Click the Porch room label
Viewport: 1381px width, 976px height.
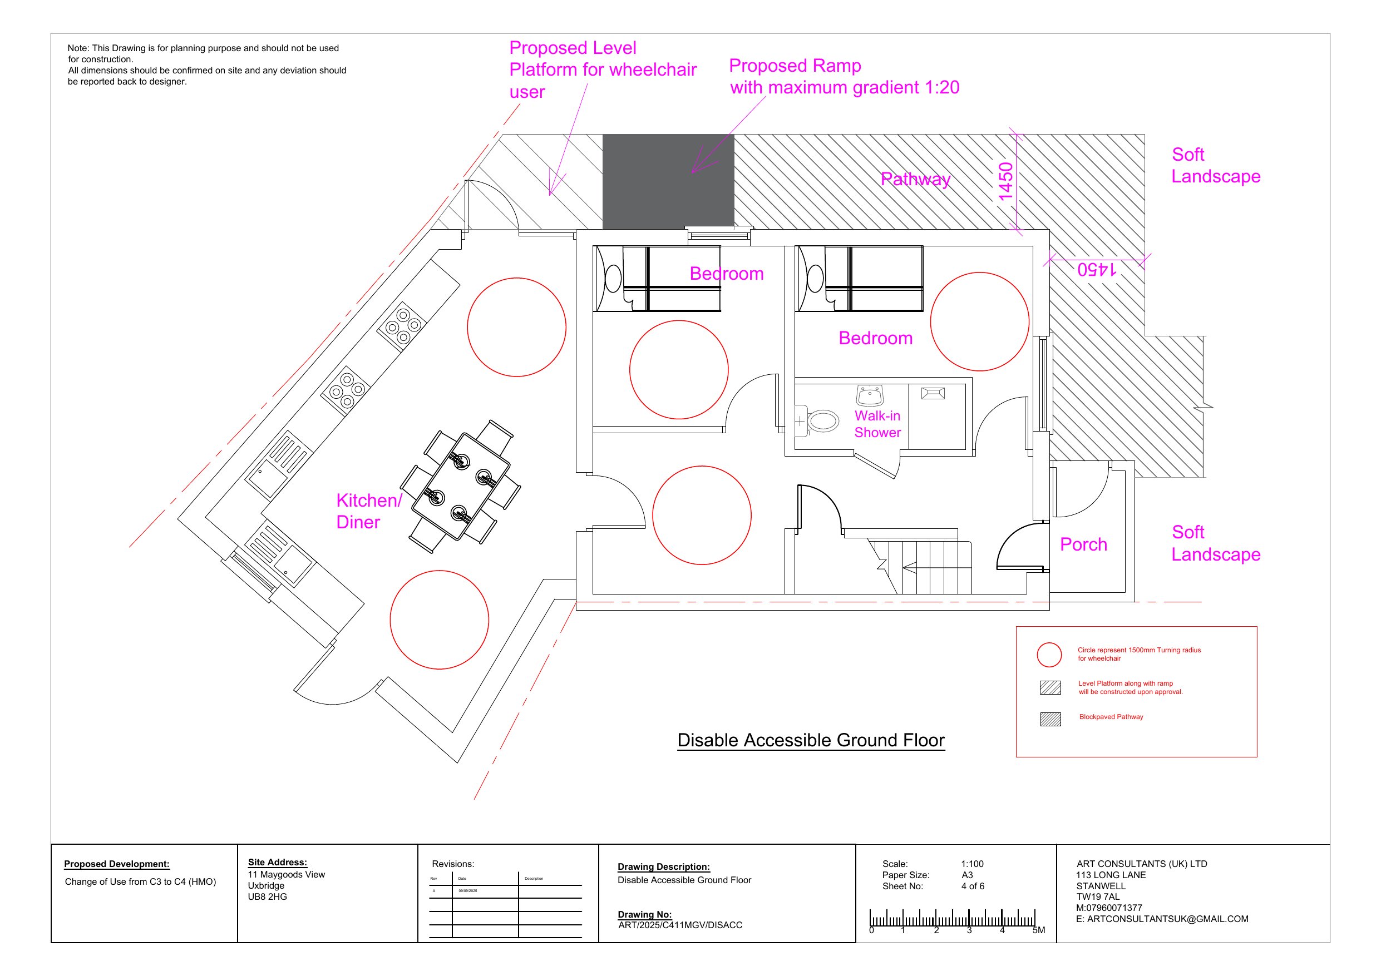(x=1083, y=545)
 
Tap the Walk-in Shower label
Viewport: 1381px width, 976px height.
(x=877, y=424)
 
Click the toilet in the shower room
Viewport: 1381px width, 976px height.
(x=822, y=421)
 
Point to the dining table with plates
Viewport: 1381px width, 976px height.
(x=461, y=487)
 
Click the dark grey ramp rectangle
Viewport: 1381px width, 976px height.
(x=668, y=182)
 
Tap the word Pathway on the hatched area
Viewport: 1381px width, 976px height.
(x=915, y=179)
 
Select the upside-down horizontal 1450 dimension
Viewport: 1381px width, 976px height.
(x=1097, y=269)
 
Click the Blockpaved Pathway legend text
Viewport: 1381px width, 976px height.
(x=1111, y=717)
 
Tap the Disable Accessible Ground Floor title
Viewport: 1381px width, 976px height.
(x=810, y=740)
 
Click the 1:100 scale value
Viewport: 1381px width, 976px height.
(x=972, y=864)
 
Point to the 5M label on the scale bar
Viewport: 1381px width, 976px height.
(x=1039, y=930)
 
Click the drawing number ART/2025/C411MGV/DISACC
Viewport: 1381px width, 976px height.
(x=680, y=925)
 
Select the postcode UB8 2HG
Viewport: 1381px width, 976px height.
(x=267, y=896)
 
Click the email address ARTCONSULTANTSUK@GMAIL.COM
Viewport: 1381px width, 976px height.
(x=1167, y=919)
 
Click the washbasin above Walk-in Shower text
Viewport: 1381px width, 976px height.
(x=869, y=396)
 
